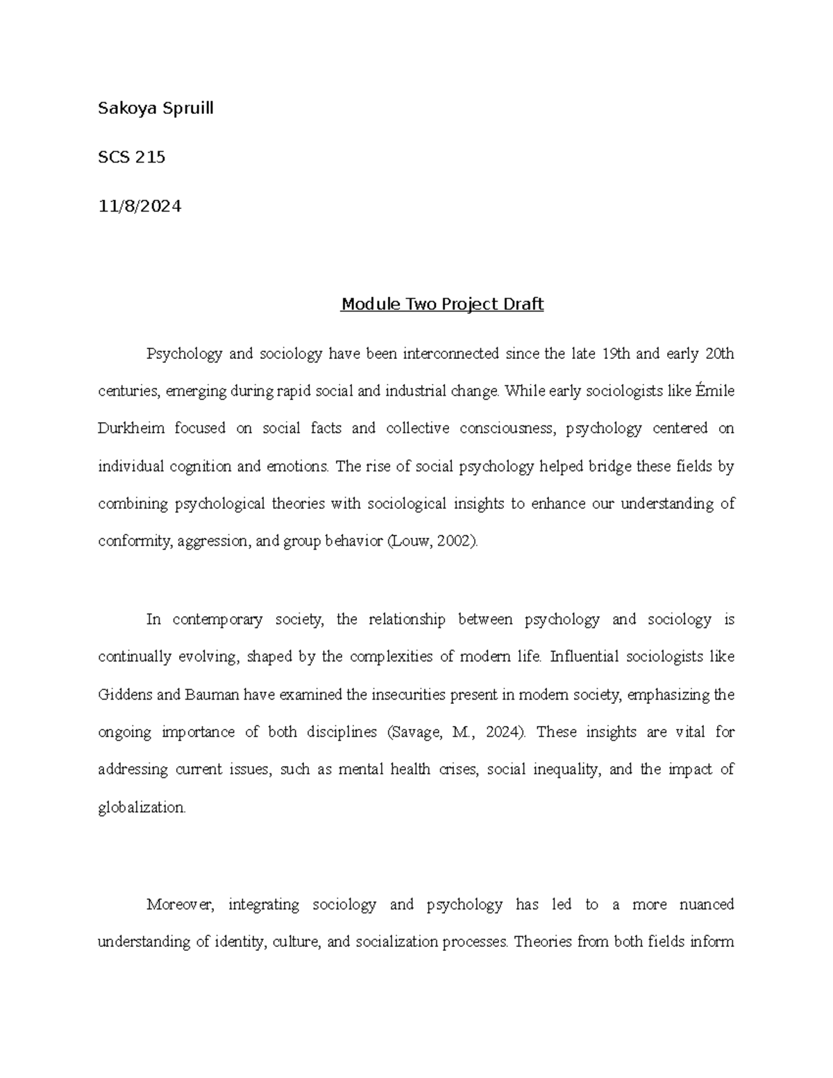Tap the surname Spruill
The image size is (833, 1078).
[186, 109]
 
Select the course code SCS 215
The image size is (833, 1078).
[132, 158]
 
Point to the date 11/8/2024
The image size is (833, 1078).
[140, 206]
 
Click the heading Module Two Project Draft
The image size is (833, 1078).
[441, 304]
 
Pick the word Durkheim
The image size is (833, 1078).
[131, 428]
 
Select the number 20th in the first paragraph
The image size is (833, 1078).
[719, 354]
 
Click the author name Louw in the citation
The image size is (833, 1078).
[408, 541]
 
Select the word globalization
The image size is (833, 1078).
[142, 807]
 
